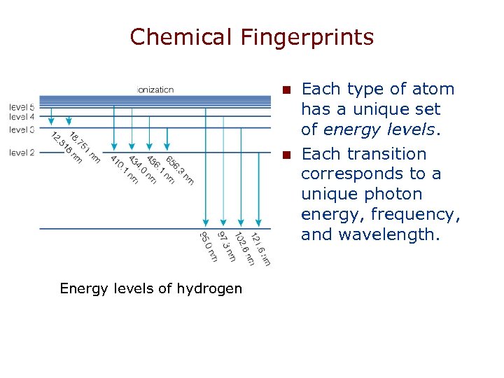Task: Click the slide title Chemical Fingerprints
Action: point(252,36)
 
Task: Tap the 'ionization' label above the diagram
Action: point(156,90)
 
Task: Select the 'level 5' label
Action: point(22,106)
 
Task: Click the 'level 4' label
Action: point(22,116)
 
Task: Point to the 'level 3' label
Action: point(22,129)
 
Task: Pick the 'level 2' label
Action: point(22,152)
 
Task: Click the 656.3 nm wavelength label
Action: point(179,171)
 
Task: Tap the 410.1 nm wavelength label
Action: point(124,170)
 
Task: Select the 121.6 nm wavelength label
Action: point(260,248)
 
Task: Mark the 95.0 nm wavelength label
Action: point(209,247)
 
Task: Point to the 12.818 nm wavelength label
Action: point(67,148)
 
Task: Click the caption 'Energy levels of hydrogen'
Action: point(151,288)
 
